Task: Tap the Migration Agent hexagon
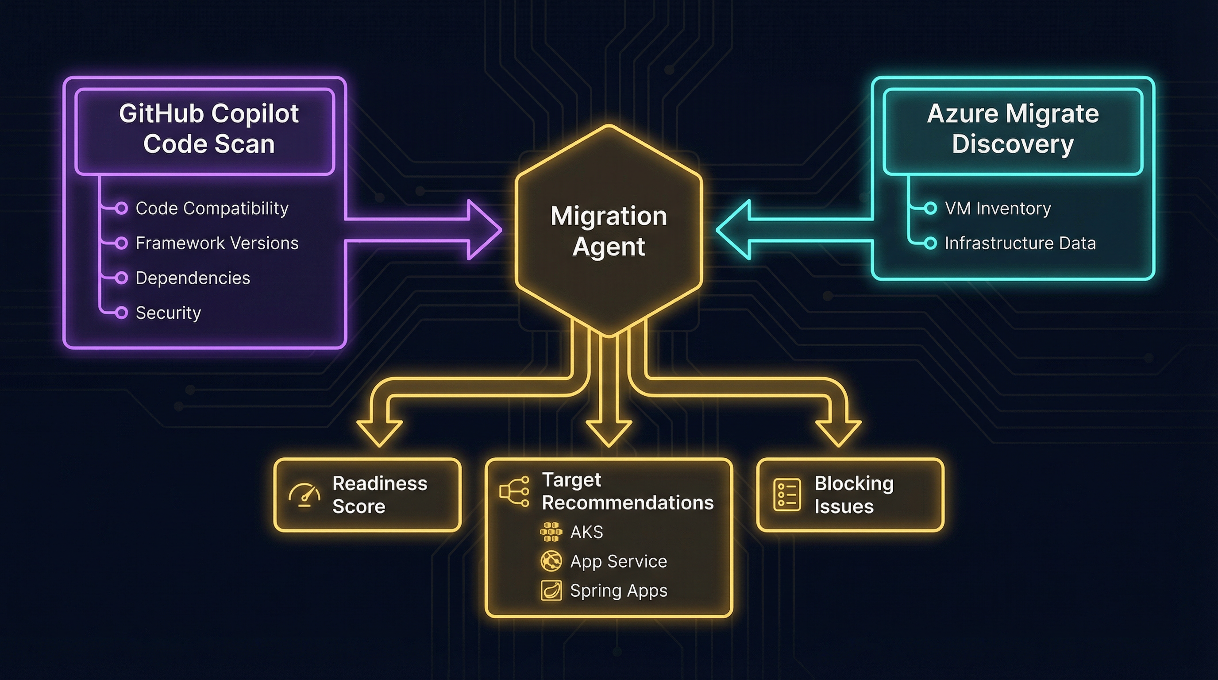[x=609, y=231]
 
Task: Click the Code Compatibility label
[x=212, y=209]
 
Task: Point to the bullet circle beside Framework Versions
[x=122, y=243]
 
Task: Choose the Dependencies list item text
[x=193, y=278]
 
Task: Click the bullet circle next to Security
[x=122, y=313]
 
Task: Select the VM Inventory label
[x=998, y=209]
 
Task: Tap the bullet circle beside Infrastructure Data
[x=930, y=243]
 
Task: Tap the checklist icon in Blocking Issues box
[x=787, y=495]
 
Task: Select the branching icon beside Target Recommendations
[x=514, y=492]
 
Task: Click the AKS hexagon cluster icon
[x=551, y=532]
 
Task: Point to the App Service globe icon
[x=551, y=561]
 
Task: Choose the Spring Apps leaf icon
[x=551, y=591]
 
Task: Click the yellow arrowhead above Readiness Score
[x=380, y=432]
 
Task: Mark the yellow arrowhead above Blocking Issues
[x=838, y=432]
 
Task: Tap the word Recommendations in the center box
[x=628, y=502]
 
